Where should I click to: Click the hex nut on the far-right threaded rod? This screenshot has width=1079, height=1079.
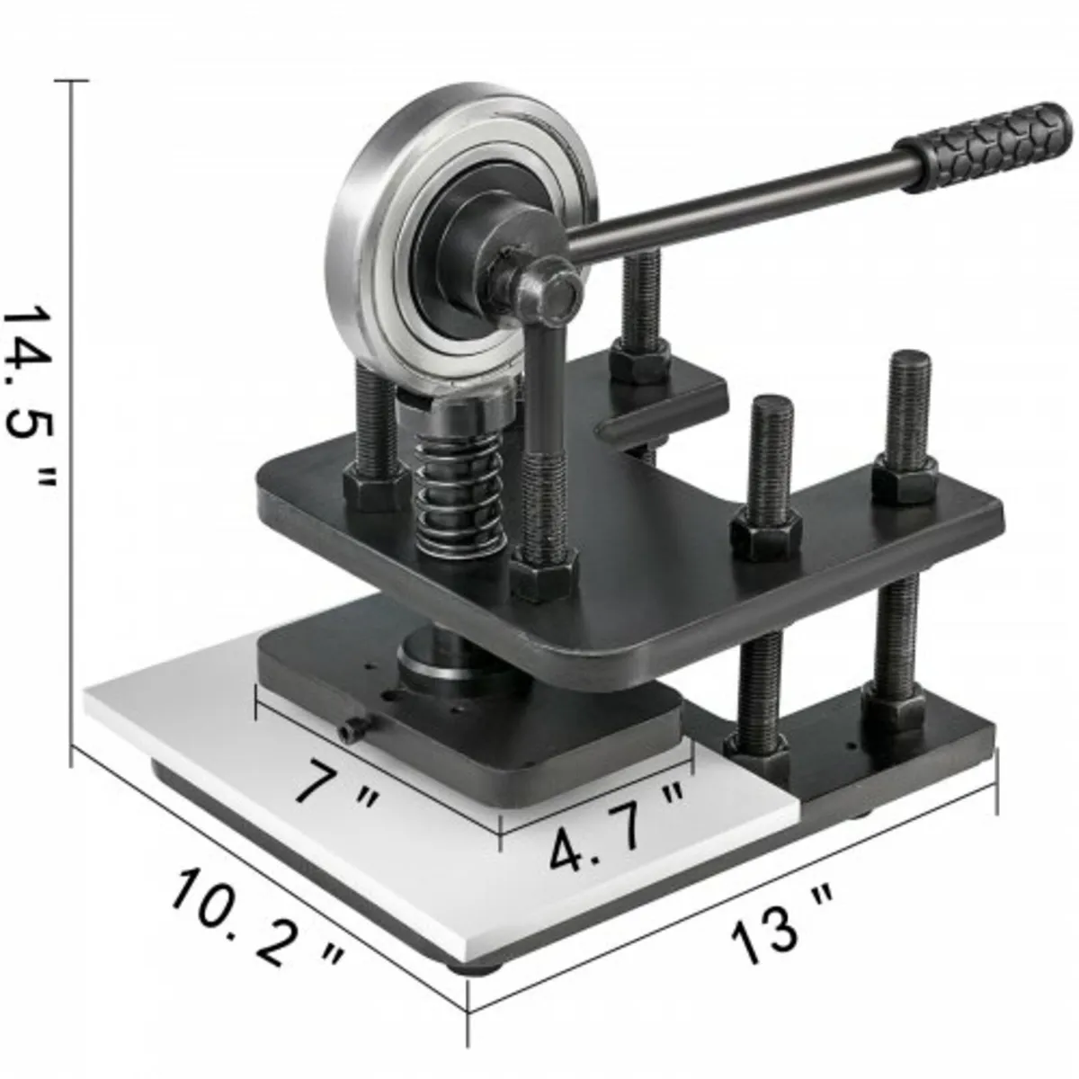[904, 477]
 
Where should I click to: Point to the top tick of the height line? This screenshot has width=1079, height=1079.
[72, 81]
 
